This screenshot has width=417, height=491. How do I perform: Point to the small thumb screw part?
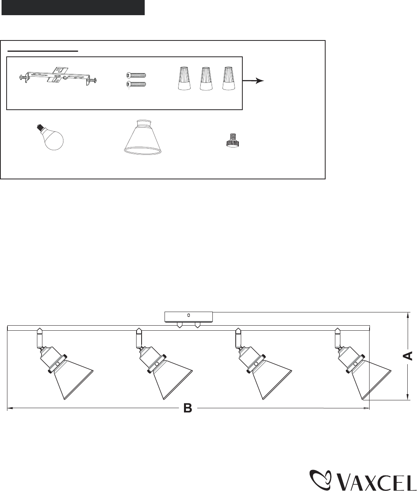coord(231,141)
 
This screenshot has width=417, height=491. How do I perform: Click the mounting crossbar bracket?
coord(58,76)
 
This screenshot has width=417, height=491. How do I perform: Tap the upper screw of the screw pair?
coord(136,75)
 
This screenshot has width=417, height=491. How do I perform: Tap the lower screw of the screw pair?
coord(136,84)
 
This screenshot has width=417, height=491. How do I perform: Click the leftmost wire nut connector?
coord(184,78)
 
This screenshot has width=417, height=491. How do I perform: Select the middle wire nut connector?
coord(206,78)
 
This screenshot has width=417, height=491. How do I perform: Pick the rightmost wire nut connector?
coord(229,78)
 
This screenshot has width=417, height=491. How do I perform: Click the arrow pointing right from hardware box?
coord(253,81)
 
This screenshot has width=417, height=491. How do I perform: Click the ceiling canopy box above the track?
coord(189,317)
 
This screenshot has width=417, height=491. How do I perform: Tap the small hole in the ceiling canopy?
coord(189,315)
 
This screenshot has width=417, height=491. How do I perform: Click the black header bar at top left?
coord(73,8)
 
